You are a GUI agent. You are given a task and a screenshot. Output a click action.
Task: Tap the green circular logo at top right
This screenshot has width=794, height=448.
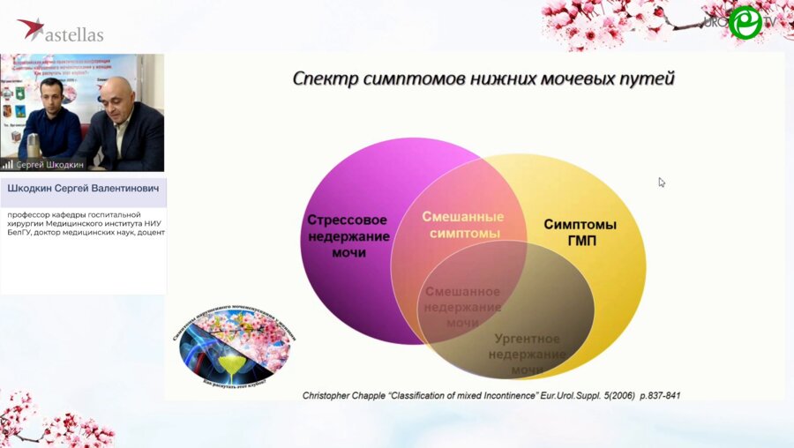coord(745,22)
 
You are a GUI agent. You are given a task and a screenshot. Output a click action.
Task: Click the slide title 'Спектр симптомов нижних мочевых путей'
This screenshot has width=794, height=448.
coord(483,79)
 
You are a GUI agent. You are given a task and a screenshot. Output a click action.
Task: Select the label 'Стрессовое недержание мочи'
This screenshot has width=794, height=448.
coord(348,235)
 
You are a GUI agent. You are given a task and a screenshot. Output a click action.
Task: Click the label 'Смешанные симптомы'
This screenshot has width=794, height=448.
coord(462,225)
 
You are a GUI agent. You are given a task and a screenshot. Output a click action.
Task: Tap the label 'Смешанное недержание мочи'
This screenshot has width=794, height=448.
coord(462,307)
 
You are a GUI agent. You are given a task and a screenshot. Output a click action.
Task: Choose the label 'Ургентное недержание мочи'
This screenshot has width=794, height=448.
coord(528,354)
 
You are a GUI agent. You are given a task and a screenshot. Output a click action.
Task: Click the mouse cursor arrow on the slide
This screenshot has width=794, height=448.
coord(662,183)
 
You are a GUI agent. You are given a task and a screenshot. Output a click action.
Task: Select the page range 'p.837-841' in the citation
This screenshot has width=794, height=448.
coord(653,395)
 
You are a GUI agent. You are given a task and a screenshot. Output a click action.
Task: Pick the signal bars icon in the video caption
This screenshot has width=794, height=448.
coord(8,164)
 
